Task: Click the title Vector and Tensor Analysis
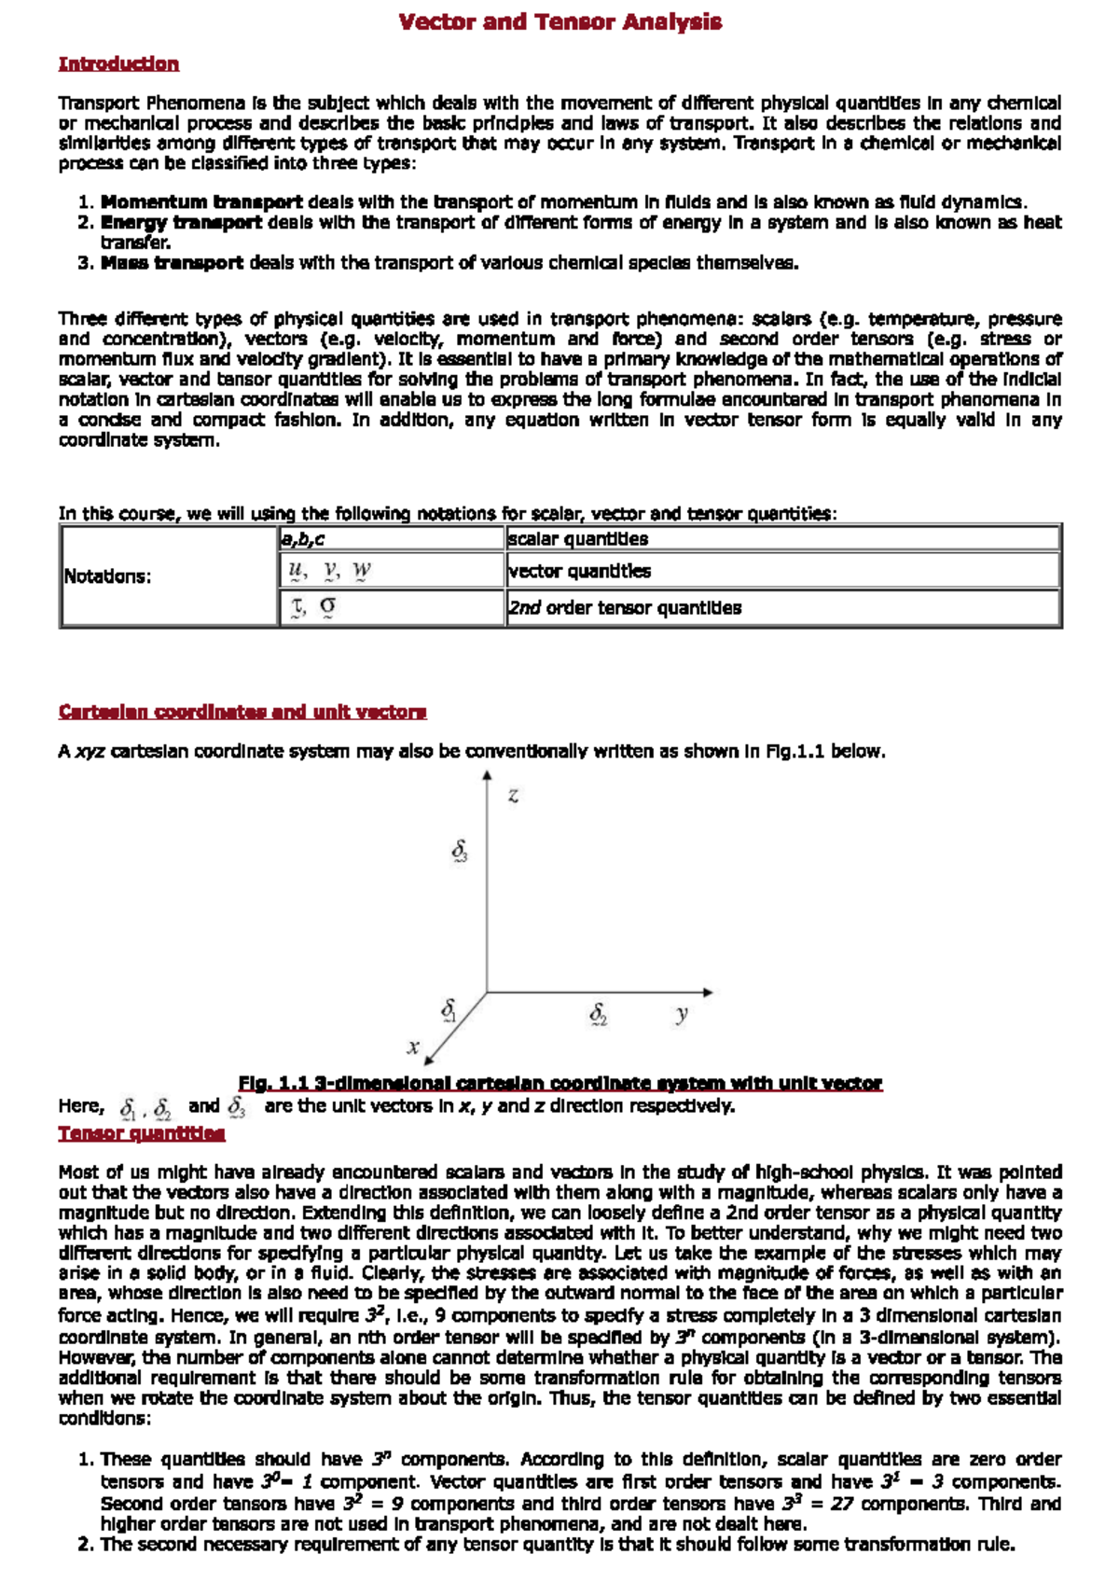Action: [559, 21]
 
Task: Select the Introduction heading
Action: [118, 63]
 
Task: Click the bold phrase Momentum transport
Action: [201, 201]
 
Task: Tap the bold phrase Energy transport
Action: [181, 222]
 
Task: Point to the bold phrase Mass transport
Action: [172, 263]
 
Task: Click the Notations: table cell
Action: [107, 576]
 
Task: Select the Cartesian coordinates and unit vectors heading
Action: [242, 712]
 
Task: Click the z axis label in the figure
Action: [513, 796]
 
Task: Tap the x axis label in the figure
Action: [413, 1047]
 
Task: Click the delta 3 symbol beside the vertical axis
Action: [460, 851]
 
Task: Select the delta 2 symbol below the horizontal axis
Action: [599, 1013]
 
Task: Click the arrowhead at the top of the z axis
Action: [487, 778]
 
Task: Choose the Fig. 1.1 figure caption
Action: [559, 1083]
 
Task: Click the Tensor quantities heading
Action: [142, 1133]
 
